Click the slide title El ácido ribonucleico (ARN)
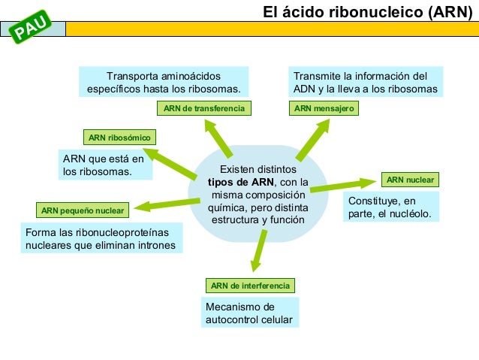click(367, 12)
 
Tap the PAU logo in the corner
click(33, 28)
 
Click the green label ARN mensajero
click(324, 109)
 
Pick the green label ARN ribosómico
click(119, 138)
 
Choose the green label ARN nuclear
click(410, 180)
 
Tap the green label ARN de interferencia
click(250, 286)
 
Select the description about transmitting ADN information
click(365, 82)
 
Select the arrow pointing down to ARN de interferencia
click(258, 250)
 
